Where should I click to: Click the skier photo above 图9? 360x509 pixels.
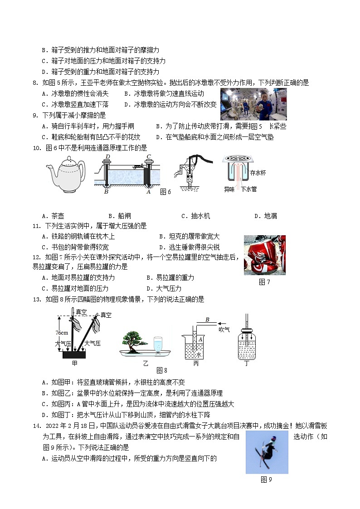[267, 452]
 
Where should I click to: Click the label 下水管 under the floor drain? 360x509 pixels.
[248, 189]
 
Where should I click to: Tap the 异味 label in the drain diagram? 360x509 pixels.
[229, 189]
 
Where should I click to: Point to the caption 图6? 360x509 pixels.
[165, 192]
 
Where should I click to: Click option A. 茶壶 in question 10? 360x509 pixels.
[53, 216]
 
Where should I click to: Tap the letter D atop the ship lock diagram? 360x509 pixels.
[107, 157]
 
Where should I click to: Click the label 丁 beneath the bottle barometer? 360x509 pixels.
[247, 363]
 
